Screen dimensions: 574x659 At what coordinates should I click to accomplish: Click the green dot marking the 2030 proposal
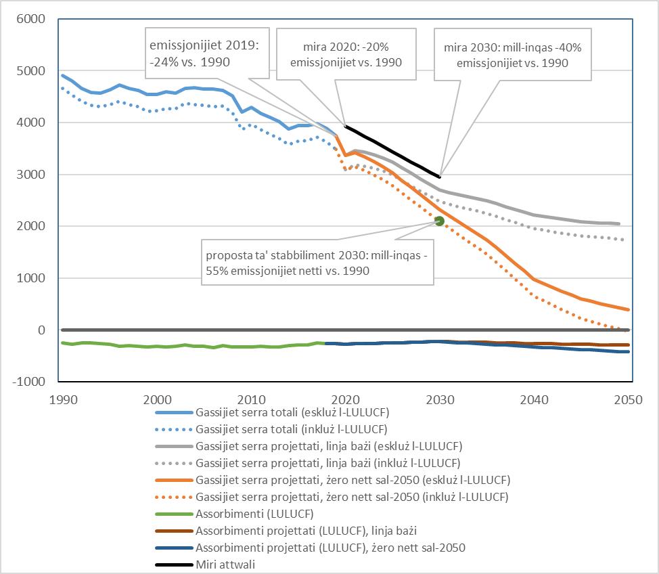pos(439,221)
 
